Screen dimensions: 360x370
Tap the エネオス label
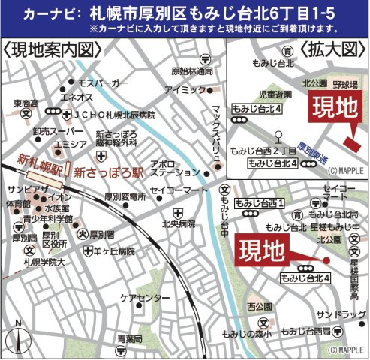click(77, 97)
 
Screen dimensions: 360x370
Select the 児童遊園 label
click(274, 96)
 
